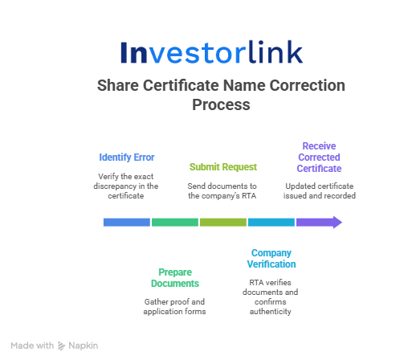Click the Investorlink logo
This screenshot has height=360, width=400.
211,52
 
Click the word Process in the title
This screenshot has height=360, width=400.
221,104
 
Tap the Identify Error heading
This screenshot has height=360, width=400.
127,157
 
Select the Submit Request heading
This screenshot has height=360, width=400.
223,167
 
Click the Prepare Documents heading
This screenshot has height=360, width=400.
175,278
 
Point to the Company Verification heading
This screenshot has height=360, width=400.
271,259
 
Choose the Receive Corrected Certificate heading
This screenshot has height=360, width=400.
319,157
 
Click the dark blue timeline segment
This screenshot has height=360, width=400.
127,223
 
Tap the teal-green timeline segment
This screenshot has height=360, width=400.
175,223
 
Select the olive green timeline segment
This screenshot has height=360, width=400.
223,223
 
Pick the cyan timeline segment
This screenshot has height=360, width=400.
271,223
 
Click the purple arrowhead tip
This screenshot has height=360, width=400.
342,223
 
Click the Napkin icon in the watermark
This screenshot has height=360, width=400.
61,346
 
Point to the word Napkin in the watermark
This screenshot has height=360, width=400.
84,346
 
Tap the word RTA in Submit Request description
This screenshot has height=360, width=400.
249,196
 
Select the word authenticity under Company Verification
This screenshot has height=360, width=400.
271,312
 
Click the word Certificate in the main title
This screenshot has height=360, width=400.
181,85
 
